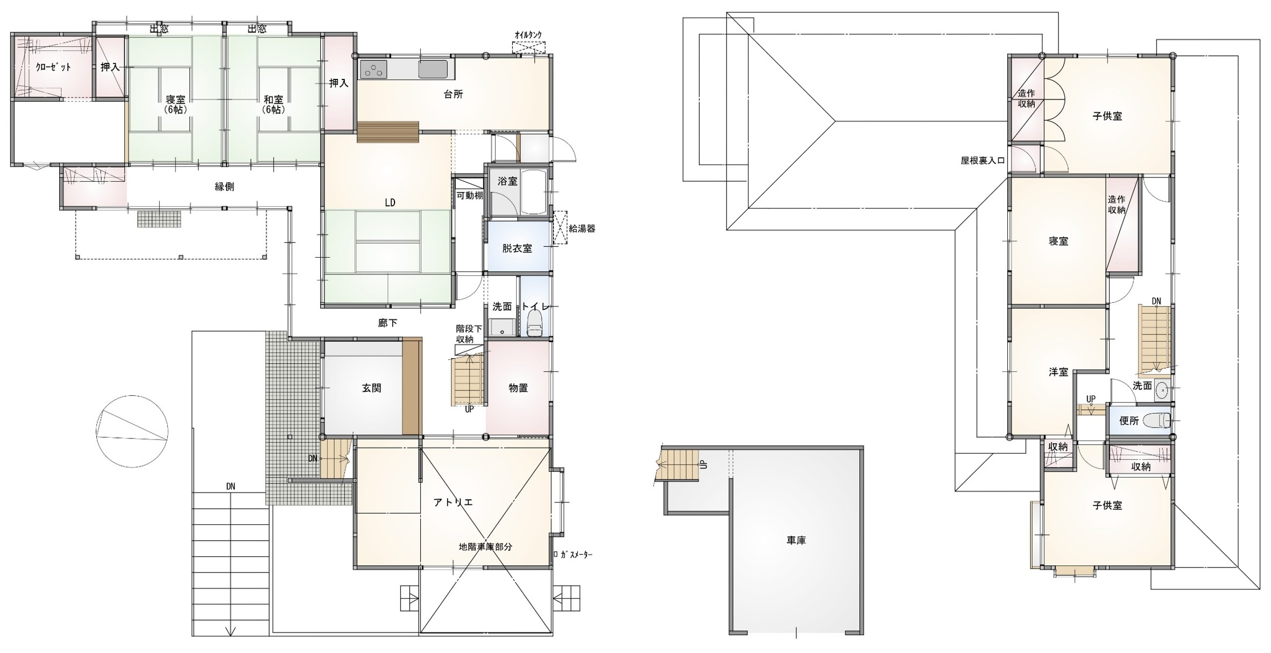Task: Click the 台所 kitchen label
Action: tap(453, 94)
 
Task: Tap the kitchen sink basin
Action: tap(433, 69)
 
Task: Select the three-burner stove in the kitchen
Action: tap(373, 69)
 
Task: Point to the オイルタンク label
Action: tap(528, 35)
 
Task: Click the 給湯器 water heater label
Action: tap(582, 228)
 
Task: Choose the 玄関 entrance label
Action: tap(371, 388)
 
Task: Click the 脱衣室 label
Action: tap(517, 249)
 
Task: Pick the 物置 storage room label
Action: tap(518, 388)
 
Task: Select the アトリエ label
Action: tap(453, 502)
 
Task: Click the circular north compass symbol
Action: tap(132, 430)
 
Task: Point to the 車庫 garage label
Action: tap(796, 541)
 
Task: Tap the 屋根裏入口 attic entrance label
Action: tap(983, 160)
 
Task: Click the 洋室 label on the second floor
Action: tap(1058, 372)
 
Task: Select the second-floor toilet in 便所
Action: tap(1156, 420)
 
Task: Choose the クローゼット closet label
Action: tap(53, 67)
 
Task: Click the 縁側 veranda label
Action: tap(224, 187)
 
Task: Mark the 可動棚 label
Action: tap(470, 196)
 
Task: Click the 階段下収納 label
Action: tap(464, 333)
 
